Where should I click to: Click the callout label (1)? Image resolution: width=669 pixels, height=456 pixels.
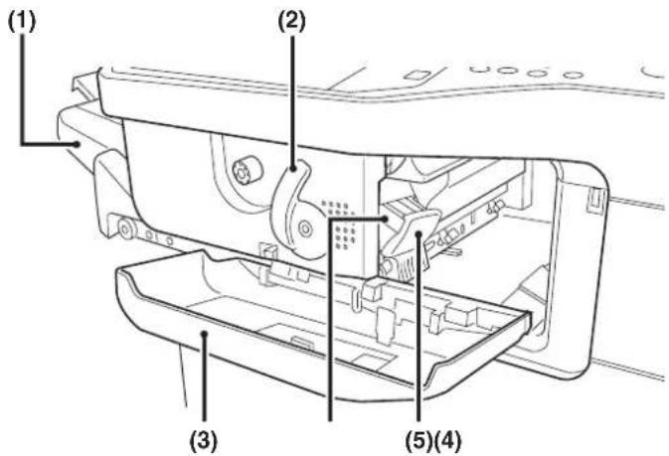pyautogui.click(x=22, y=21)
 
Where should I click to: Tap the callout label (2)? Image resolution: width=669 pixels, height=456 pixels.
pyautogui.click(x=292, y=21)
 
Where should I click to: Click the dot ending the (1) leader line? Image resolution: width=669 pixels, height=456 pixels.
pyautogui.click(x=78, y=144)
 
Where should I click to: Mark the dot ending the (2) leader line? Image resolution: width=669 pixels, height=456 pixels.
pyautogui.click(x=292, y=169)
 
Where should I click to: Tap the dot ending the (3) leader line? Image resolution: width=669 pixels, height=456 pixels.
pyautogui.click(x=205, y=334)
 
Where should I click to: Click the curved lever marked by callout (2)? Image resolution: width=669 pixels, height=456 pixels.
pyautogui.click(x=296, y=209)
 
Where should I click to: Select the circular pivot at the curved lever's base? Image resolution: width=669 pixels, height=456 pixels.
pyautogui.click(x=305, y=228)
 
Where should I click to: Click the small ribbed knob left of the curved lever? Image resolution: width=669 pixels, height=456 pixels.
pyautogui.click(x=242, y=172)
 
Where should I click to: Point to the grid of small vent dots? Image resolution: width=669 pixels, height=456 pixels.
pyautogui.click(x=340, y=225)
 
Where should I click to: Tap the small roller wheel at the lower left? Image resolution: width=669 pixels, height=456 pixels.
pyautogui.click(x=125, y=229)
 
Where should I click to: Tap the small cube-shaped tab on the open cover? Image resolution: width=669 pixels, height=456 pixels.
pyautogui.click(x=371, y=289)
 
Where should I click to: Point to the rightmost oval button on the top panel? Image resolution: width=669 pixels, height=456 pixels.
pyautogui.click(x=573, y=76)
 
